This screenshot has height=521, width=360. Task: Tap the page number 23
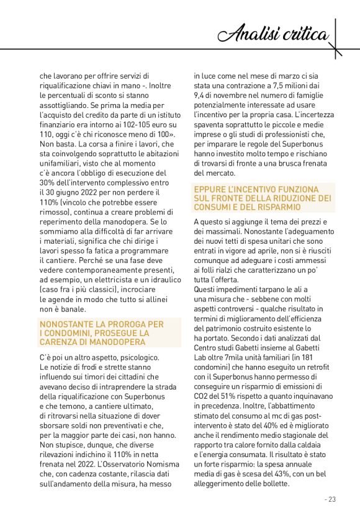tap(330, 499)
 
